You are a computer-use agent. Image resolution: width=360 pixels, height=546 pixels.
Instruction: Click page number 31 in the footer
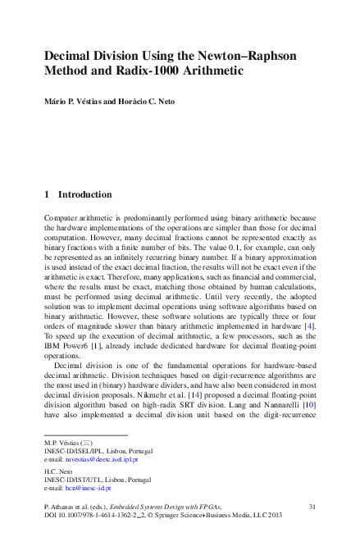click(312, 508)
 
